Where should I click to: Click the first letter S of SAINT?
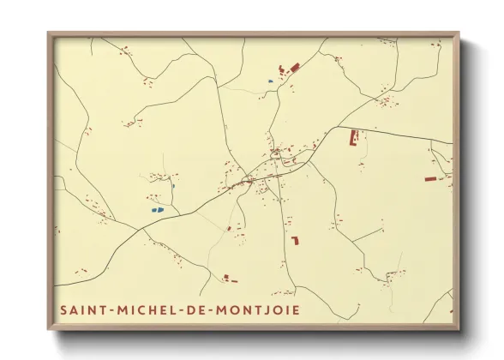click(63, 308)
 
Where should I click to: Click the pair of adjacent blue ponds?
click(157, 209)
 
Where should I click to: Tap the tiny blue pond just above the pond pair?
click(172, 184)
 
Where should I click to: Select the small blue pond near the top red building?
click(270, 82)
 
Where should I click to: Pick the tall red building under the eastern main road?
click(352, 137)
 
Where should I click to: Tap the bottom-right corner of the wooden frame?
click(459, 329)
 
